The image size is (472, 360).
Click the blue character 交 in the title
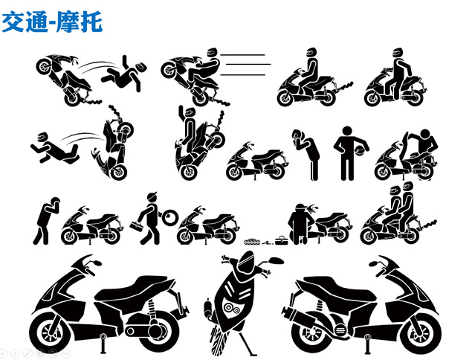[13, 22]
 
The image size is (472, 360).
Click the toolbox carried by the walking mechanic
[136, 225]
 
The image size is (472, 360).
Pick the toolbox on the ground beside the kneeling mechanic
[281, 240]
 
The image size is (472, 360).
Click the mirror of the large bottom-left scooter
[97, 262]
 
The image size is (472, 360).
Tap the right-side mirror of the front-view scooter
[277, 260]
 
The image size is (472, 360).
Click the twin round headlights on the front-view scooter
[232, 309]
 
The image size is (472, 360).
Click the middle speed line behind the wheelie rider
[248, 64]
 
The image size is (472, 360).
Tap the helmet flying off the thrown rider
[141, 67]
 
